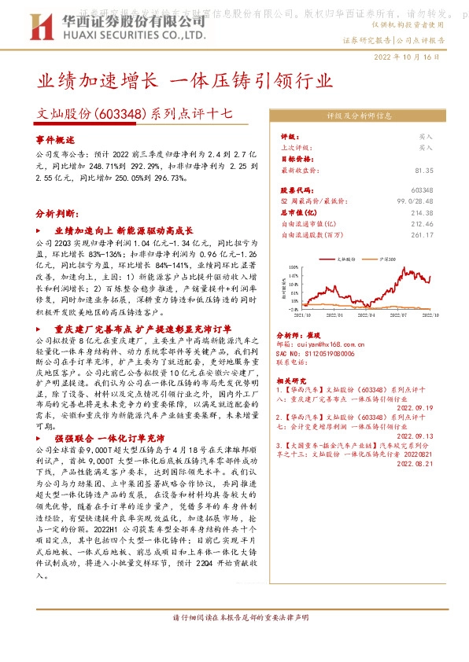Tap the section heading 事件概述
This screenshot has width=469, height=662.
coord(54,138)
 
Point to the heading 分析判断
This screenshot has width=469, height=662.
coord(57,213)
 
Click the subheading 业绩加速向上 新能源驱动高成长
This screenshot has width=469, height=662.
coord(124,231)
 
